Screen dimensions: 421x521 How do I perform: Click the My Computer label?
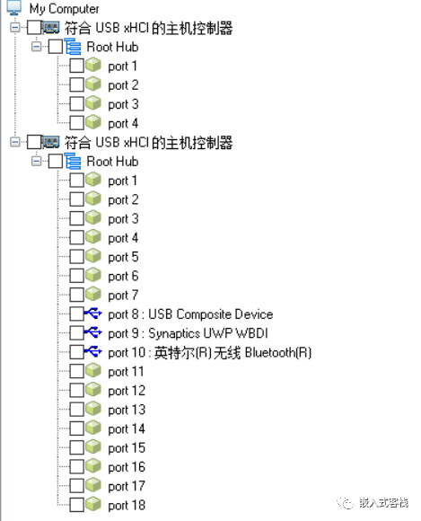tap(64, 9)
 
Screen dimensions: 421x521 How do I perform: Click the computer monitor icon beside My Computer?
tap(14, 8)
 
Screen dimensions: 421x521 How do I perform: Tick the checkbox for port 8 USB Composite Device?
tap(76, 314)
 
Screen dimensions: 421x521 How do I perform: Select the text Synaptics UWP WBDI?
tap(208, 333)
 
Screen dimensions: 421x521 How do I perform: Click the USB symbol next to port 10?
tap(93, 352)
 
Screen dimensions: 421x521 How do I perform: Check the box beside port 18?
tap(76, 505)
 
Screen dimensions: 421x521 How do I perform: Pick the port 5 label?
tap(123, 257)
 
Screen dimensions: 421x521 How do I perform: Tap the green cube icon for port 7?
tap(93, 295)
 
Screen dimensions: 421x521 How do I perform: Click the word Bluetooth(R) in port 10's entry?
tap(278, 352)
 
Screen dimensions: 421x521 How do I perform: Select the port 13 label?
tap(127, 410)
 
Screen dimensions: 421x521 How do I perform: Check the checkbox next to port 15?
tap(76, 448)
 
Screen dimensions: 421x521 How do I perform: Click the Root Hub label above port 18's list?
tap(112, 162)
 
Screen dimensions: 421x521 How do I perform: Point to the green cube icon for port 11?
tap(93, 371)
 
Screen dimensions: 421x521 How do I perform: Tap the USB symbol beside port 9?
tap(93, 332)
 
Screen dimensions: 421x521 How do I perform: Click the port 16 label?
tap(127, 467)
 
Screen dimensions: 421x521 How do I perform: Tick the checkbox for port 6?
tap(76, 276)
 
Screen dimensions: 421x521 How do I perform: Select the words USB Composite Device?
tap(211, 314)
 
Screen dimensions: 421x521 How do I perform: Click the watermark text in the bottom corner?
tap(383, 503)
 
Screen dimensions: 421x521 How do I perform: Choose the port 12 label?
tap(127, 391)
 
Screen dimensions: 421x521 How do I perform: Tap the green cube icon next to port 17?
tap(93, 485)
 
